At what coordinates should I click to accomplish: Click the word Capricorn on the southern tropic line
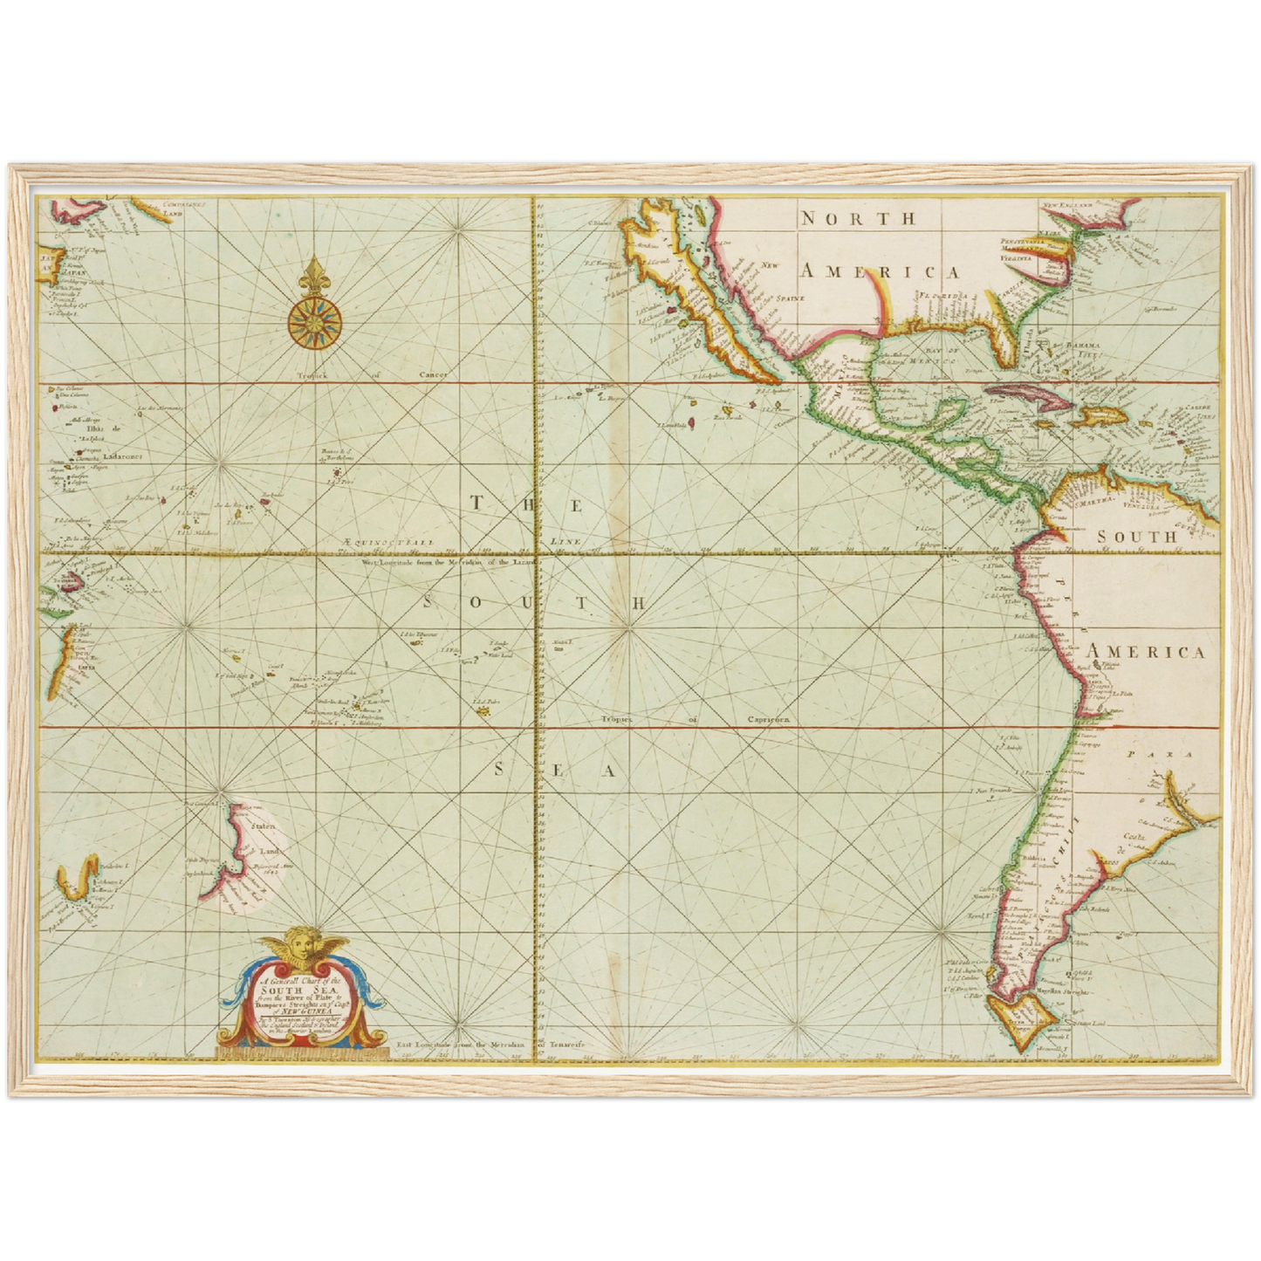point(767,720)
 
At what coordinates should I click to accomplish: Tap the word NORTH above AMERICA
point(859,218)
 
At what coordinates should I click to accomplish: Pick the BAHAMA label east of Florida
point(1081,346)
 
